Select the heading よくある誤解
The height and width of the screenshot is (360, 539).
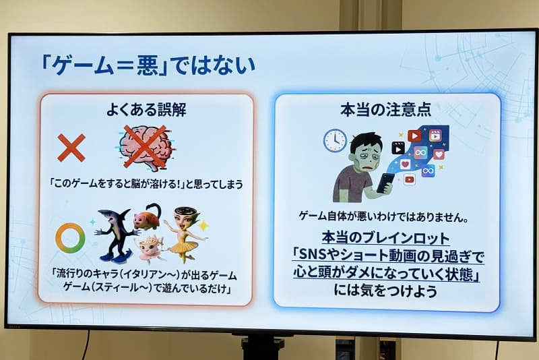point(146,110)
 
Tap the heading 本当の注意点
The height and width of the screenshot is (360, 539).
point(387,109)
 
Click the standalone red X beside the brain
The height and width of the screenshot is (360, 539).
point(71,148)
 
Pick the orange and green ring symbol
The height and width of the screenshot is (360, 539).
point(70,238)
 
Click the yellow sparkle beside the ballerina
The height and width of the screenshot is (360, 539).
point(203,225)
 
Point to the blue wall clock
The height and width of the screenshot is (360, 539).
point(335,140)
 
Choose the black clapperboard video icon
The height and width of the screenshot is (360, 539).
point(398,148)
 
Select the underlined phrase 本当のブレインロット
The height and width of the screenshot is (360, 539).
point(385,239)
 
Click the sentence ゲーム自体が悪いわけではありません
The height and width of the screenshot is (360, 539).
point(384,217)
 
